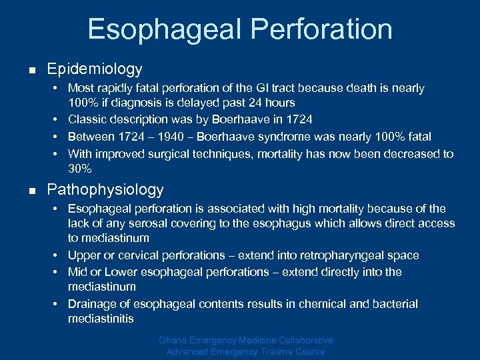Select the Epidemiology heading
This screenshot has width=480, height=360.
(95, 69)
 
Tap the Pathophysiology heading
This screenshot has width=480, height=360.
(105, 189)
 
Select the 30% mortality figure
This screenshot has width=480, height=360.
(80, 169)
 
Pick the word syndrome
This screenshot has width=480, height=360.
(267, 137)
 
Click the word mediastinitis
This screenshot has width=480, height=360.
(101, 319)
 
